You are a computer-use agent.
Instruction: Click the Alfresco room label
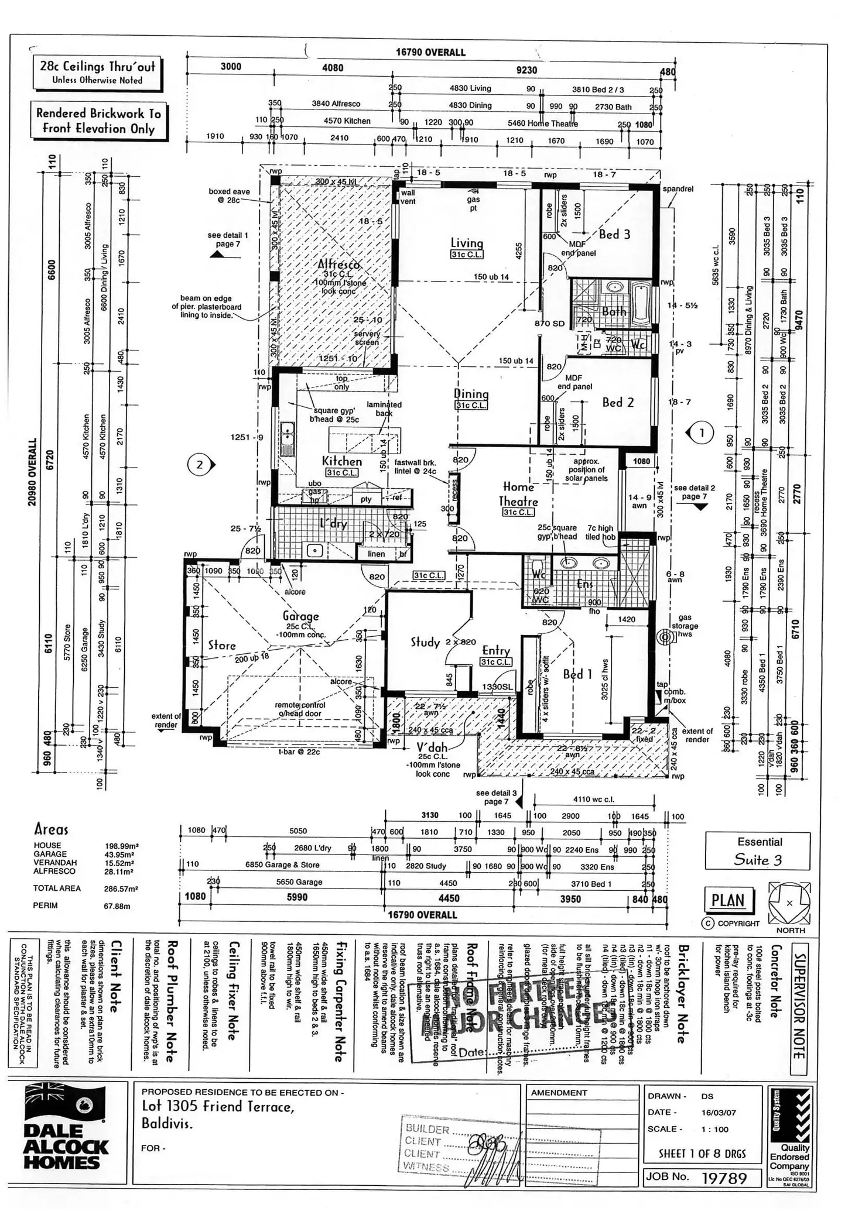[339, 264]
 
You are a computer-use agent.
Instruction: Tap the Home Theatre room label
[518, 494]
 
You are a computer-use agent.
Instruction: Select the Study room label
[425, 642]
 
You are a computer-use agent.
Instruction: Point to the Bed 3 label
[614, 234]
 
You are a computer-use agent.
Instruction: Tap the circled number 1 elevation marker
[702, 433]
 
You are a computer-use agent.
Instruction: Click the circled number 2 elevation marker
[200, 465]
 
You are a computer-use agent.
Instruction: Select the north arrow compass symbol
[789, 903]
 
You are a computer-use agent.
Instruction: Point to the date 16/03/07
[719, 1112]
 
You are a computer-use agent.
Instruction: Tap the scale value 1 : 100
[715, 1128]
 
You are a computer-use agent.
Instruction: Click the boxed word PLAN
[728, 900]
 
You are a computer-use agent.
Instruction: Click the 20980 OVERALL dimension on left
[32, 472]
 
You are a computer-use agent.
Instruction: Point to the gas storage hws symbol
[664, 637]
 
